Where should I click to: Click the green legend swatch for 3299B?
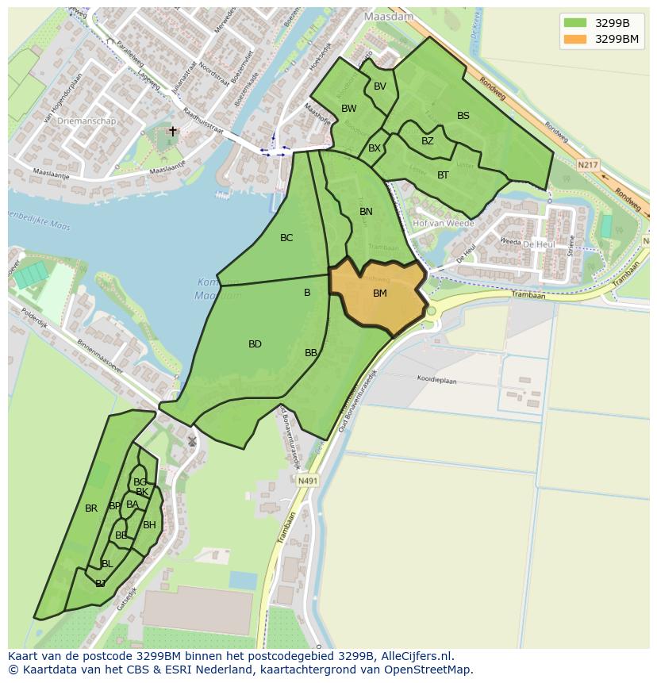(575, 23)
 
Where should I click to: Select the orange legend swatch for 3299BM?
(575, 39)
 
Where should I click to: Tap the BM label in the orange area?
(380, 294)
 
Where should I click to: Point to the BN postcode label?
(366, 212)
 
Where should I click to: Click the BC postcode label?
(286, 238)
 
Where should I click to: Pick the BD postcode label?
(255, 344)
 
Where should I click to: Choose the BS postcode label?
(463, 116)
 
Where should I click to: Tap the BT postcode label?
(443, 175)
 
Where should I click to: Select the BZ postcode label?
(428, 141)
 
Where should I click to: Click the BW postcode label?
(349, 109)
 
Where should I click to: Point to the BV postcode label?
(380, 86)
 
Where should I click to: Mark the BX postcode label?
(375, 148)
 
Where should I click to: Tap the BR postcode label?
(91, 508)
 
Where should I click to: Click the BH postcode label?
(149, 525)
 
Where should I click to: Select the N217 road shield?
(587, 165)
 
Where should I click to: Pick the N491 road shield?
(307, 481)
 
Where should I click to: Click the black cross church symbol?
(173, 131)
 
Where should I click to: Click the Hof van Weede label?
(444, 224)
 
